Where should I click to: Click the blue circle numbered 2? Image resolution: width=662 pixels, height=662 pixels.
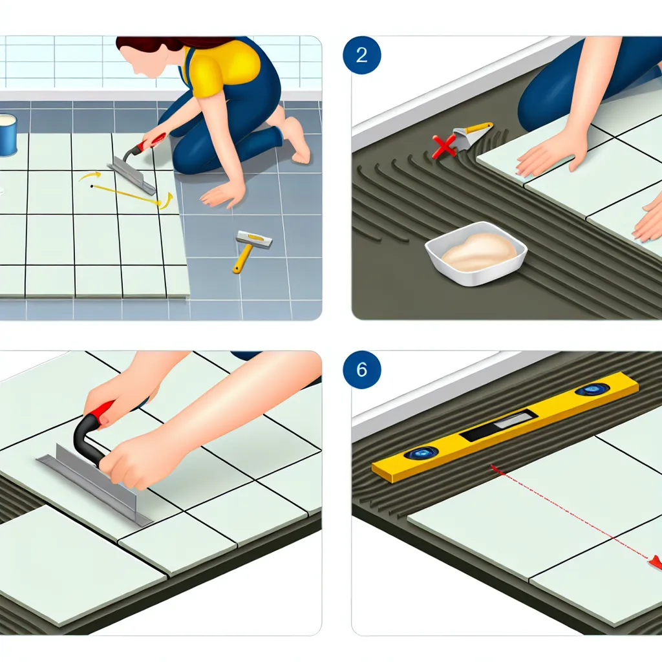click(362, 56)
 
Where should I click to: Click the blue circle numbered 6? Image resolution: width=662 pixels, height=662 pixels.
click(362, 369)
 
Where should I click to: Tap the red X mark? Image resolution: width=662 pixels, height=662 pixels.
click(443, 146)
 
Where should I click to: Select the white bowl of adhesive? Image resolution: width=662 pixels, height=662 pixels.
click(476, 253)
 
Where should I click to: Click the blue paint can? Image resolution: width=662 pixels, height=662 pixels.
click(8, 134)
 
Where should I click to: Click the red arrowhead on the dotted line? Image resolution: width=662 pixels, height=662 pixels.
click(656, 562)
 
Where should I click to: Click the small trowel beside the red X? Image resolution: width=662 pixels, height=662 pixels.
click(471, 135)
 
